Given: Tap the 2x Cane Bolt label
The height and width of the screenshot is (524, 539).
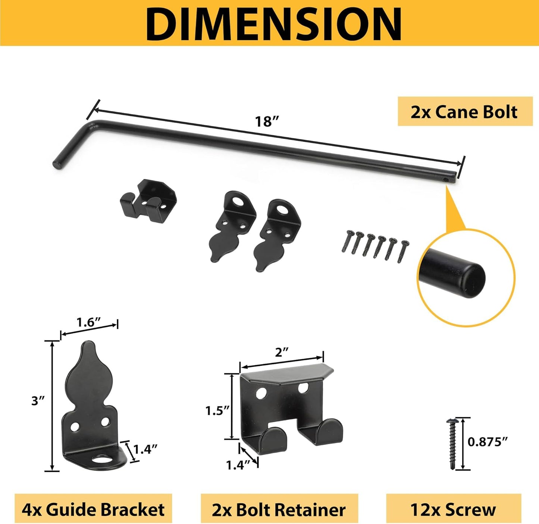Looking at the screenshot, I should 464,112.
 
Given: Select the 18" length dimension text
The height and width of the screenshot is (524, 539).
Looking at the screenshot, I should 267,121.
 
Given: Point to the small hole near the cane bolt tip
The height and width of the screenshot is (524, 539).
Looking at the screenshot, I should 446,179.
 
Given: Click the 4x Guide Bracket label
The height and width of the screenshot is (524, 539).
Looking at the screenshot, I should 93,509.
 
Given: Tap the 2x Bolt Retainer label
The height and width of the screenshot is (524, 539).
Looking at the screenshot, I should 279,509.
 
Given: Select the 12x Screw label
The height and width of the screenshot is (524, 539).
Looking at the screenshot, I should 453,509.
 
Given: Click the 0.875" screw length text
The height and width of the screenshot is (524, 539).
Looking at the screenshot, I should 488,442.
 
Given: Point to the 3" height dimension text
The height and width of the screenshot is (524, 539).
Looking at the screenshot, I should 38,401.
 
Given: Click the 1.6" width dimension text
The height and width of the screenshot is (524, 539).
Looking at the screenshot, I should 88,322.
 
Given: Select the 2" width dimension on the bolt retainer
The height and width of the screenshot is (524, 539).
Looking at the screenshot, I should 282,353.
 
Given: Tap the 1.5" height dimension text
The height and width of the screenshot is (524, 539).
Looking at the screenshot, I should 217,411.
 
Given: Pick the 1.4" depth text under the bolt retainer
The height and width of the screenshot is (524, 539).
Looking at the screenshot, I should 238,465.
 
